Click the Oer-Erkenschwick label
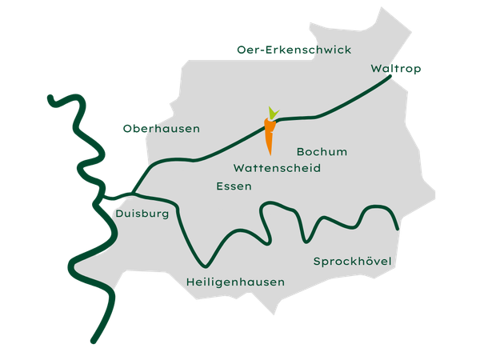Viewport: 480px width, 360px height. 294,50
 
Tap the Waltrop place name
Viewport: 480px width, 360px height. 396,69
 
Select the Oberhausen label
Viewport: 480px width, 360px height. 161,129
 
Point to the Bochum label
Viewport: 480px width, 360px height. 322,151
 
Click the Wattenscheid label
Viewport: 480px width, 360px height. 277,169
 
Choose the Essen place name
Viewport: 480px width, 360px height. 234,186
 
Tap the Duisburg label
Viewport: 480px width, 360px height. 142,214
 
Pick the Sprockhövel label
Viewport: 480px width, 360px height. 355,262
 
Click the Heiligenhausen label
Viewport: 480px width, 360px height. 235,282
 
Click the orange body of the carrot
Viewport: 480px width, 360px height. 270,134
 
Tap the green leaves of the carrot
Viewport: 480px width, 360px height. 273,113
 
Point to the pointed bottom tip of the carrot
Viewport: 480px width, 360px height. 269,152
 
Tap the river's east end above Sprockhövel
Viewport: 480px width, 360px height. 398,228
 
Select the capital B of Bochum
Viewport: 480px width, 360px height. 300,151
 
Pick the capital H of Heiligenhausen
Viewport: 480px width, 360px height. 190,282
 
